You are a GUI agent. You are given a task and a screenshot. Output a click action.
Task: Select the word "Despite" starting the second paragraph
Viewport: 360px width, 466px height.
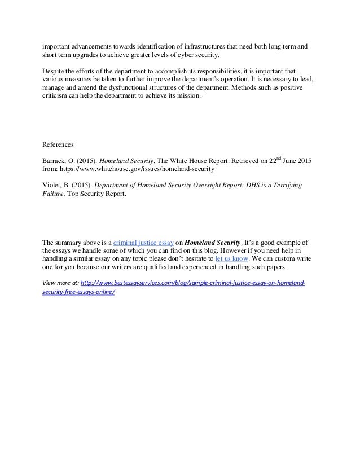click(x=55, y=72)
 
